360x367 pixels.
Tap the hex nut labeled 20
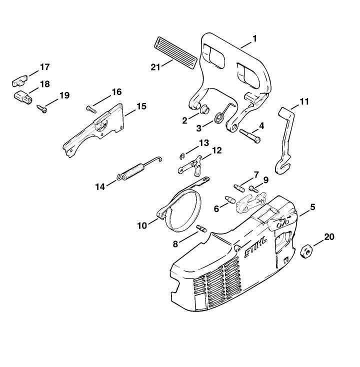point(305,251)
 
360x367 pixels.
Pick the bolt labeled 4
point(250,136)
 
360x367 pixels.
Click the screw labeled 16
point(91,109)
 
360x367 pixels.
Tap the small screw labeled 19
point(41,109)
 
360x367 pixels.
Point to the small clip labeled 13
point(182,156)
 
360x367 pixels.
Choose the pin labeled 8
point(202,228)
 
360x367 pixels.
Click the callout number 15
point(141,106)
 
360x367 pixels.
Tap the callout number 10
point(142,226)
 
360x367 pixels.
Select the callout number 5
point(312,207)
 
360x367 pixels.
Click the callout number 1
point(254,38)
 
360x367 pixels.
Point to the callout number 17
point(45,67)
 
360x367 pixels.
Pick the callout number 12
point(216,150)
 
